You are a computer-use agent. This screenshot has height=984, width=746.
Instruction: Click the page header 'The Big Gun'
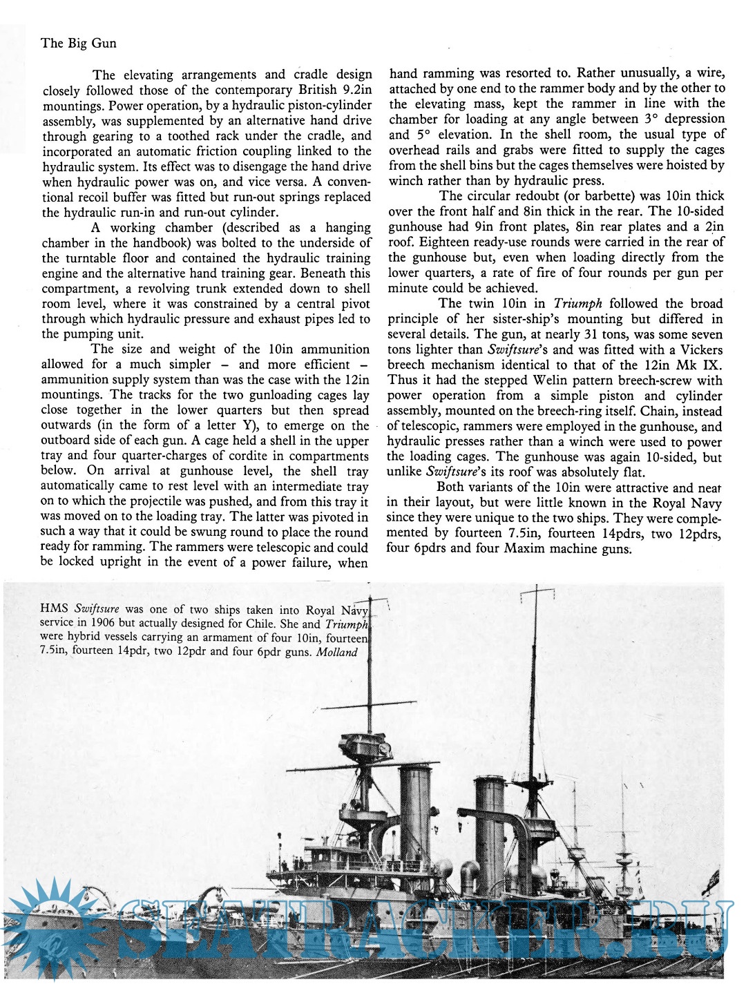(x=78, y=44)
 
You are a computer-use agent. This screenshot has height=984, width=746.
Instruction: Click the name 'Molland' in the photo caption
(x=337, y=652)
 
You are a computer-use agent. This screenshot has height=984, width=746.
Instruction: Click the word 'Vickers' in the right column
(x=698, y=349)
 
